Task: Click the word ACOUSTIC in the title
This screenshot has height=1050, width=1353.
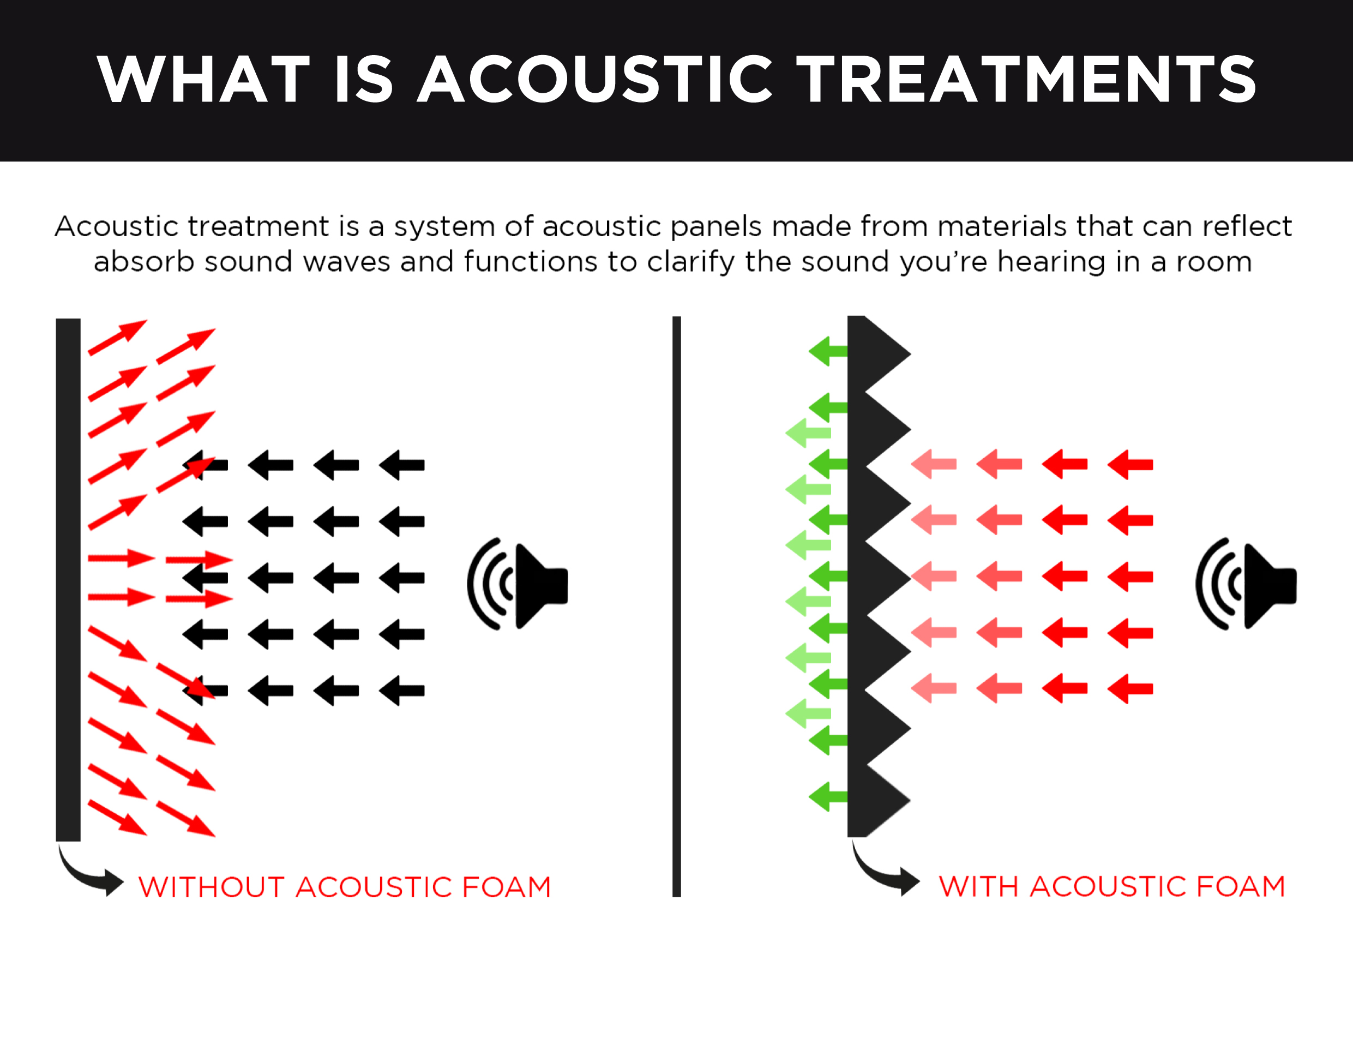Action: (596, 79)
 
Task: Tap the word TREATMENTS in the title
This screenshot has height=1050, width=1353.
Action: (1026, 79)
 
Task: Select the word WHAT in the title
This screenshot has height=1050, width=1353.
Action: (204, 79)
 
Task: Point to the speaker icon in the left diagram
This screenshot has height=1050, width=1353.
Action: (518, 585)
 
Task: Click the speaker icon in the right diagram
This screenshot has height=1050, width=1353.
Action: (1246, 585)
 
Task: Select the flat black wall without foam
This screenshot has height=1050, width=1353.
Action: (68, 579)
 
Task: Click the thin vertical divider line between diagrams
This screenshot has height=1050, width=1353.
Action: (676, 606)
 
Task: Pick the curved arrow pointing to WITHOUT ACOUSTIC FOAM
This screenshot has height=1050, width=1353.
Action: (87, 877)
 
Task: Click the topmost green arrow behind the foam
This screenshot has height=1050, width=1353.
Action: (828, 351)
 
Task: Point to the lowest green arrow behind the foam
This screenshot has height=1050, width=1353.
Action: (828, 797)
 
